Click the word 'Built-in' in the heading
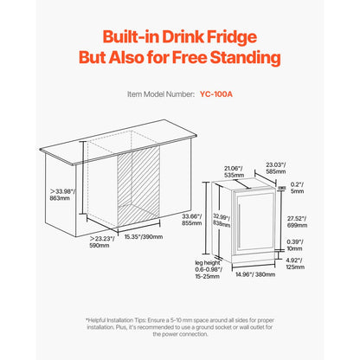(x=133, y=38)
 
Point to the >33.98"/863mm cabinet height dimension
(x=63, y=193)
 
